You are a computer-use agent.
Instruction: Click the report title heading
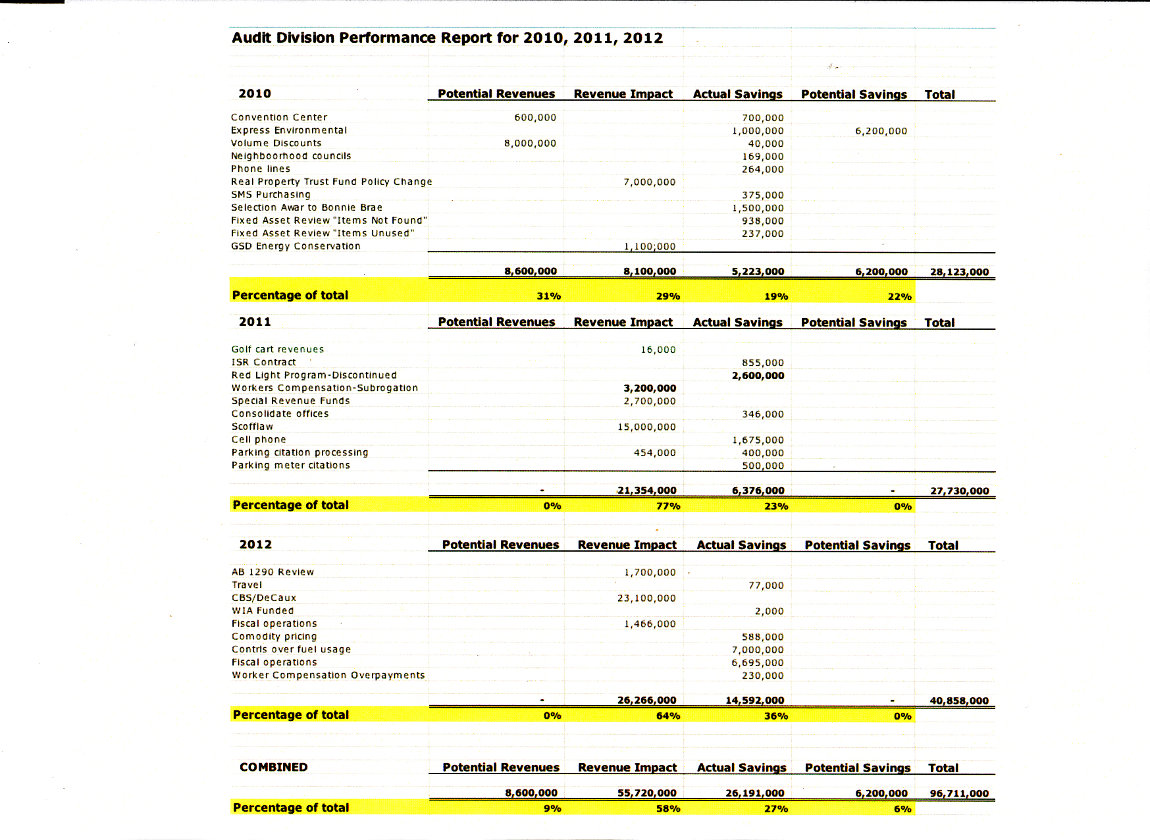447,38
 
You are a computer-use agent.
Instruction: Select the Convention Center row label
278,117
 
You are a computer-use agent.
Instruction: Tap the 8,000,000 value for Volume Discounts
530,144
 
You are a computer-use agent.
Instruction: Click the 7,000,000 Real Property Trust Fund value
649,182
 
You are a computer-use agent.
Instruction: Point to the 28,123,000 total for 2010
959,272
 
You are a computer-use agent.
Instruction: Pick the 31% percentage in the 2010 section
548,296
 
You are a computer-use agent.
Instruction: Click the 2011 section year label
255,322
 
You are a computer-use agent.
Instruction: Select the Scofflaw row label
252,427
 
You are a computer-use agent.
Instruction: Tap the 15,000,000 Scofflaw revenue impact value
646,427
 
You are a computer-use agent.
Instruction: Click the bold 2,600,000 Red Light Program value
758,376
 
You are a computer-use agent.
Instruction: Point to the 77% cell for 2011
667,506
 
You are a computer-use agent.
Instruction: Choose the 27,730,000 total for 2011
959,491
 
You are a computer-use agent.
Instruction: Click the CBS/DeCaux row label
264,598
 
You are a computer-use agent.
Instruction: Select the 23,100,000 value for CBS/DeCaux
646,598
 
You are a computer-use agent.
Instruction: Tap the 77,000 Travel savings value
766,585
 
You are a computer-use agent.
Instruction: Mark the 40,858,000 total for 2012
958,701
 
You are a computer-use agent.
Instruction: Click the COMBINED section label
273,768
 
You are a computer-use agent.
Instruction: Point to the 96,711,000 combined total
958,794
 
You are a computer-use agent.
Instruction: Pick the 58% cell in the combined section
667,809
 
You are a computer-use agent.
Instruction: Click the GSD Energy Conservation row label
296,246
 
